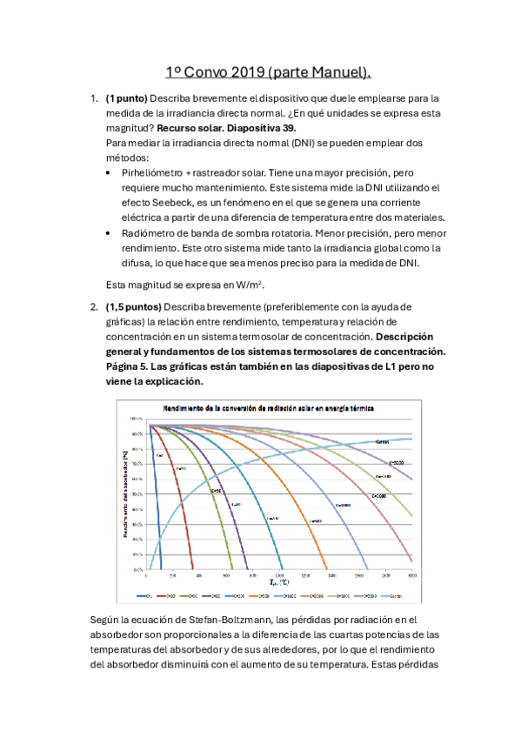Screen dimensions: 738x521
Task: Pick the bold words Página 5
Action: tap(127, 366)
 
